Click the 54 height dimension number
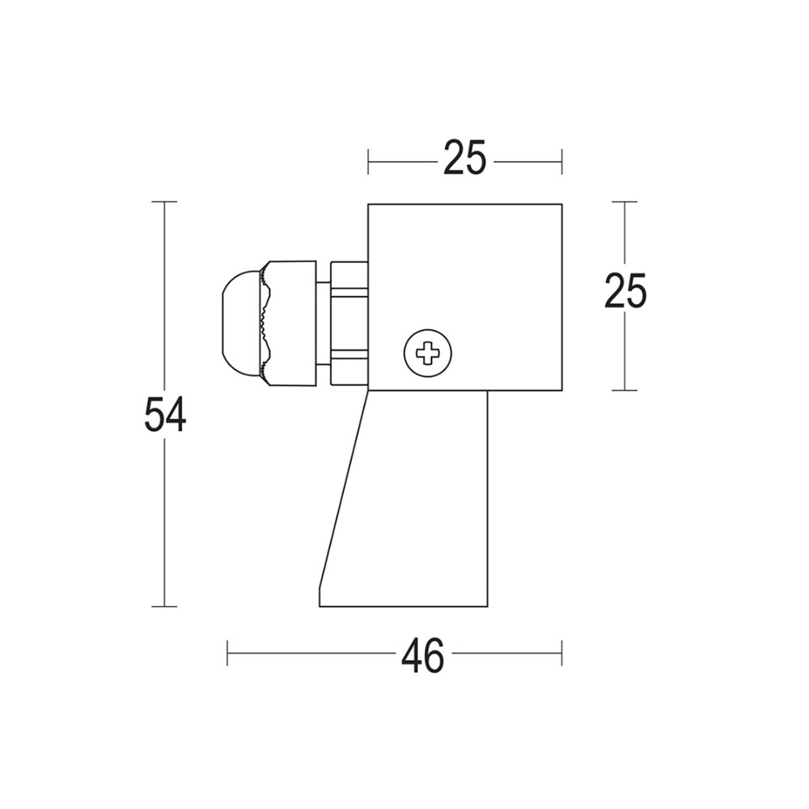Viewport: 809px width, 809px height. click(x=165, y=415)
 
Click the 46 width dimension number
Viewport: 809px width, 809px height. click(x=422, y=656)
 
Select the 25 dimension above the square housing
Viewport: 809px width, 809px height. click(x=464, y=159)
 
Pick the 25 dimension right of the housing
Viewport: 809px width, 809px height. click(x=625, y=292)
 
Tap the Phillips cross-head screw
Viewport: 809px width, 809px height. click(x=427, y=353)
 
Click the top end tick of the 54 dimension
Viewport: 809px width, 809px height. click(x=165, y=201)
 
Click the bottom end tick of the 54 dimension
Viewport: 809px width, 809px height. click(x=165, y=606)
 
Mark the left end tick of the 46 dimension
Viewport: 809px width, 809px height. click(x=228, y=653)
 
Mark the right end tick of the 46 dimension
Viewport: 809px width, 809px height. click(x=561, y=653)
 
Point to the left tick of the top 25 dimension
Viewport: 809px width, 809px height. click(x=368, y=162)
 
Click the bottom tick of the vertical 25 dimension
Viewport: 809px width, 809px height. click(x=625, y=390)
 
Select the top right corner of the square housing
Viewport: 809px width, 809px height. click(x=561, y=205)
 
